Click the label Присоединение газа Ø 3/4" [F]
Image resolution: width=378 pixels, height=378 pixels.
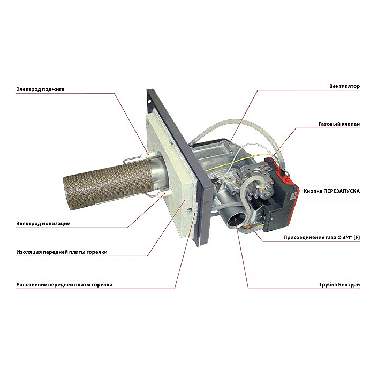tap(320, 237)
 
